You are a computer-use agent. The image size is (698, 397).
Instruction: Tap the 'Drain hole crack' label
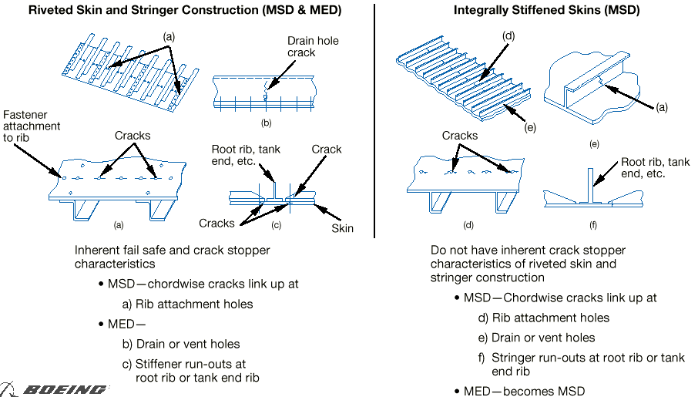[x=312, y=46]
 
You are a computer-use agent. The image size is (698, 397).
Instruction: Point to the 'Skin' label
[x=342, y=229]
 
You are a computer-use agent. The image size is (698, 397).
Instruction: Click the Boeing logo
[x=55, y=389]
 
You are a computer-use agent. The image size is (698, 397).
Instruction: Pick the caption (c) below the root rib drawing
[x=277, y=225]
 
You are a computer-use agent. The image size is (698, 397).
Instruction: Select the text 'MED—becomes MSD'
[x=524, y=391]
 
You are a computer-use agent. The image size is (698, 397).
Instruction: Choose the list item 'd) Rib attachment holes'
[x=544, y=318]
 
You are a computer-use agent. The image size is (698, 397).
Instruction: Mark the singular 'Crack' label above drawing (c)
[x=327, y=149]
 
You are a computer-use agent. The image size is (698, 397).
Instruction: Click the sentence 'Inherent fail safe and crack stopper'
[x=173, y=251]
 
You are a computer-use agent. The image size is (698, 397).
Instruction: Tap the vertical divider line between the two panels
[x=374, y=116]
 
